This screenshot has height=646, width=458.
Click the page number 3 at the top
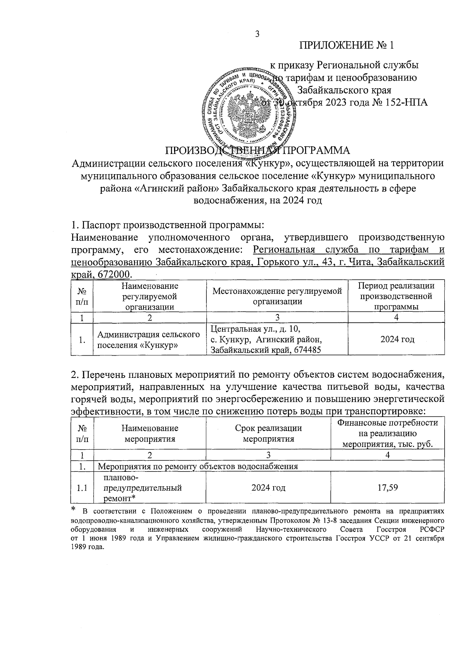point(257,34)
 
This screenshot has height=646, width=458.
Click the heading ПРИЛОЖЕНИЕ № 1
point(346,46)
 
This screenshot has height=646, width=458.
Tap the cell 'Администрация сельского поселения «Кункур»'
point(149,339)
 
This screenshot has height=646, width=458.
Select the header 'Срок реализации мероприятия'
point(268,433)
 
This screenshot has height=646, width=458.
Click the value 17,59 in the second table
point(387,487)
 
